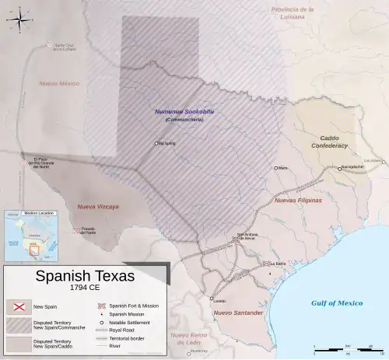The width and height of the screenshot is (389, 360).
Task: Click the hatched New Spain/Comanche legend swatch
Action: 17,325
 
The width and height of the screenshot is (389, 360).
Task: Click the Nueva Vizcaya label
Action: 97,207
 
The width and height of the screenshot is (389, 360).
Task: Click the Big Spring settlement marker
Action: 156,143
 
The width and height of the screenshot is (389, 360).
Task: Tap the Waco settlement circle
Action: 275,167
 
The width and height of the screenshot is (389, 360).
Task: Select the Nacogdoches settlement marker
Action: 338,167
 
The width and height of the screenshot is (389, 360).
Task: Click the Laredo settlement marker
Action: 211,298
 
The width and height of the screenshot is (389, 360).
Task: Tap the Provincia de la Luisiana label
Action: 293,12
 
